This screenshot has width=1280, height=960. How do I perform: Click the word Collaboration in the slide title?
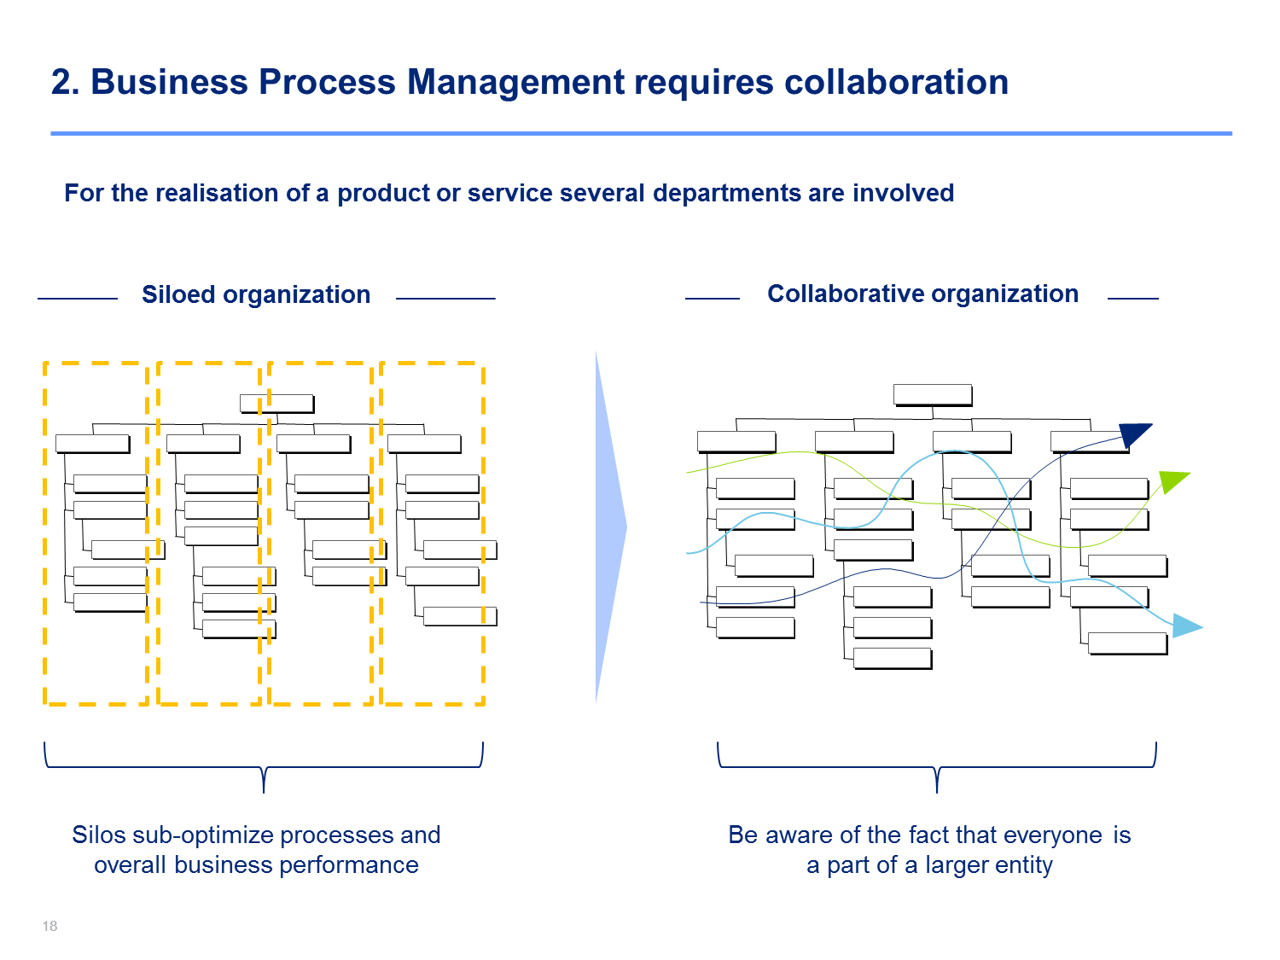(896, 82)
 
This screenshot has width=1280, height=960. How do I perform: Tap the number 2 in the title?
(61, 82)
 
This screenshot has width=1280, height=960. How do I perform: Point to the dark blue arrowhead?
(1133, 434)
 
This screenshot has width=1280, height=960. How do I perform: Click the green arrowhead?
(1172, 481)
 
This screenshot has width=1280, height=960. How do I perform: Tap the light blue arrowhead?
(1185, 625)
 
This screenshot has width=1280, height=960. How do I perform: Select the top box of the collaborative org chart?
(933, 394)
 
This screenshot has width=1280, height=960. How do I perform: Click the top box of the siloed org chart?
(277, 404)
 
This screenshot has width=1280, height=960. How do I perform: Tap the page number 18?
(49, 926)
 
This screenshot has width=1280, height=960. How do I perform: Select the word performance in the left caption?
(349, 865)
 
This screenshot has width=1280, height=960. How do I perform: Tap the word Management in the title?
(515, 82)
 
